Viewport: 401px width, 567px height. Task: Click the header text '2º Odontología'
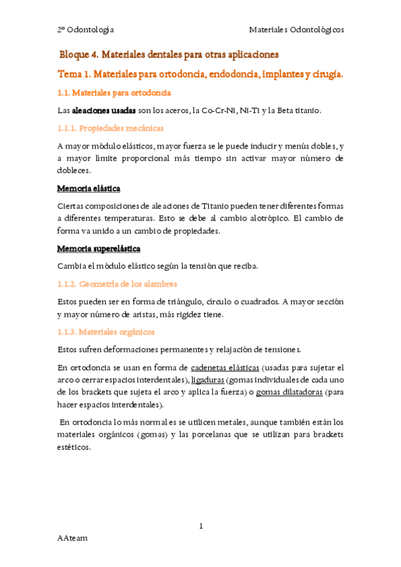[85, 30]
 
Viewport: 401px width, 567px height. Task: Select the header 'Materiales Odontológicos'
[297, 30]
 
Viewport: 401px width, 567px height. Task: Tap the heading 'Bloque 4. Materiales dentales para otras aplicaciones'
[169, 54]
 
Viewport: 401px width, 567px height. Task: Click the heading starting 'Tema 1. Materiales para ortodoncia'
[200, 74]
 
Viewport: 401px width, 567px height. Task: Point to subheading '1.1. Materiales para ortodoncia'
[114, 92]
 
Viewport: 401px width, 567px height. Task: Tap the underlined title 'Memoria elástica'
[89, 188]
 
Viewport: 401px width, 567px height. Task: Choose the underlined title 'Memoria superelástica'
[99, 249]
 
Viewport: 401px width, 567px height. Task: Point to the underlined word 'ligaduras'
[208, 379]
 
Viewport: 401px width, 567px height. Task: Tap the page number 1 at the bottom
[201, 526]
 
